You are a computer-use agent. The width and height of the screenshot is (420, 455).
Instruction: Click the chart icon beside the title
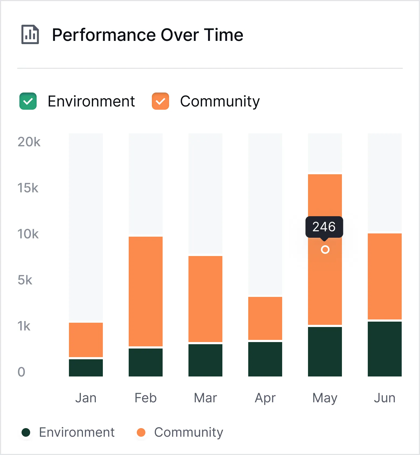30,34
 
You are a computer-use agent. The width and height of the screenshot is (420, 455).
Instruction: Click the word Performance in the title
104,35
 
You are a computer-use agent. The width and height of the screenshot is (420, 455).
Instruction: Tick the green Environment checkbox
28,101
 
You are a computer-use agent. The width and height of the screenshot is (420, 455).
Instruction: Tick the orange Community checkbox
160,101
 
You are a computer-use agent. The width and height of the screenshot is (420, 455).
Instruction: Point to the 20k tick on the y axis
29,142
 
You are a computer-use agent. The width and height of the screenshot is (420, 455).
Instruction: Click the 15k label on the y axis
28,188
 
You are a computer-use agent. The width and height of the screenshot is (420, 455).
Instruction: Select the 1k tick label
24,326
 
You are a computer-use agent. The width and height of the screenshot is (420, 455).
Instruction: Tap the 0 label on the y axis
21,372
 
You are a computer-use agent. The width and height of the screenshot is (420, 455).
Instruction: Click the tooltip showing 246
324,227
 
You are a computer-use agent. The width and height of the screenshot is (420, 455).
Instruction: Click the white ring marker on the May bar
325,250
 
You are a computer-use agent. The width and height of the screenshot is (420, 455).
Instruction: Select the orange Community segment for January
86,340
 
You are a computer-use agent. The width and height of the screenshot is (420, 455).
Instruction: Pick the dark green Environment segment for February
146,362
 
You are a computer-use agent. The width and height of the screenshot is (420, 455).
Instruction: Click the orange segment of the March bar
205,298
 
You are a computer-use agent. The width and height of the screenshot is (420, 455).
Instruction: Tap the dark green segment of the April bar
265,359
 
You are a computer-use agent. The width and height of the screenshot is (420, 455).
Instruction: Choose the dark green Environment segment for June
385,349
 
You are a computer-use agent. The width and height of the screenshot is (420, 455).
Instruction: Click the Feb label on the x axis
146,398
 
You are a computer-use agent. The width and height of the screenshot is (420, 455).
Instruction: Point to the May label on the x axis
325,398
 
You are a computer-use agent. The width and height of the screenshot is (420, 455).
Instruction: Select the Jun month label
385,398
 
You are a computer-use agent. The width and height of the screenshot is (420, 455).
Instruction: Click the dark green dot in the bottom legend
26,432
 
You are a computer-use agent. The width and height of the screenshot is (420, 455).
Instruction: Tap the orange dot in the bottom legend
141,432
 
